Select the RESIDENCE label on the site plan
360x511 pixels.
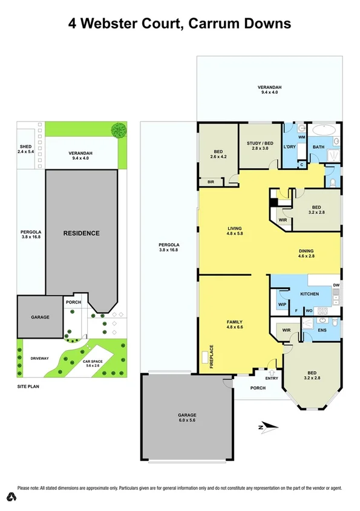(82, 233)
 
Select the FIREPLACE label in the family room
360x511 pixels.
(212, 357)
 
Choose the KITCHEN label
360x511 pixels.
(309, 294)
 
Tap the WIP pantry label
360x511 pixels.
(282, 304)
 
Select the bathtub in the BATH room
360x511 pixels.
(319, 130)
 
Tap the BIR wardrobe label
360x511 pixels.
(211, 181)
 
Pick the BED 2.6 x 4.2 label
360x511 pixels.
(218, 154)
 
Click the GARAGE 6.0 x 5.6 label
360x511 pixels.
(186, 418)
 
